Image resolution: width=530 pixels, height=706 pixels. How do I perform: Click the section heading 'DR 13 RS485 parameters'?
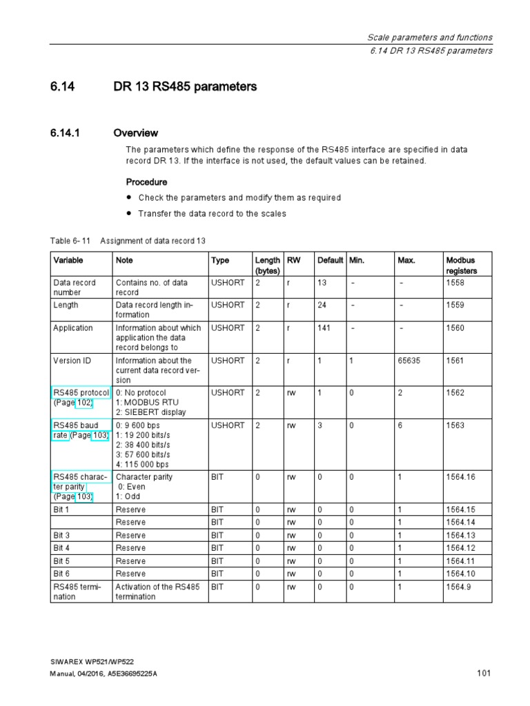[185, 87]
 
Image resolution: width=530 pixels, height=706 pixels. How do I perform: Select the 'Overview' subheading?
[135, 133]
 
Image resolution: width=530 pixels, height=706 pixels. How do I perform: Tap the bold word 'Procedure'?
[146, 182]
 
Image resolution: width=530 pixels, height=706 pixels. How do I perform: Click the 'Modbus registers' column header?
[461, 265]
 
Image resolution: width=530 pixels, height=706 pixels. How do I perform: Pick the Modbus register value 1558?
[456, 283]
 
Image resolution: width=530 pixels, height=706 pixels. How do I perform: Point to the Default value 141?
[324, 328]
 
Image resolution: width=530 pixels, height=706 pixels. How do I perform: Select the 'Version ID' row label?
[72, 361]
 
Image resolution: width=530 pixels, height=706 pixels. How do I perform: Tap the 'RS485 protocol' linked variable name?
[81, 393]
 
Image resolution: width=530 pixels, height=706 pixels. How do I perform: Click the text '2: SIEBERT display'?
[150, 412]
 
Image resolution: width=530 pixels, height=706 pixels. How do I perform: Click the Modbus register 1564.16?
[460, 477]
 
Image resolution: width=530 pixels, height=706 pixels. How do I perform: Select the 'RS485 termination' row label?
[77, 592]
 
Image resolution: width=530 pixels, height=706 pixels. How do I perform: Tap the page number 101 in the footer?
[484, 674]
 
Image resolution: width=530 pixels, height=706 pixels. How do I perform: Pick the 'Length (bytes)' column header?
[267, 265]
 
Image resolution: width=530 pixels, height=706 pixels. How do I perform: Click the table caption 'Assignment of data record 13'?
[153, 241]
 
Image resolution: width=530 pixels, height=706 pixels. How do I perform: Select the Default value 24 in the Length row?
[322, 305]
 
